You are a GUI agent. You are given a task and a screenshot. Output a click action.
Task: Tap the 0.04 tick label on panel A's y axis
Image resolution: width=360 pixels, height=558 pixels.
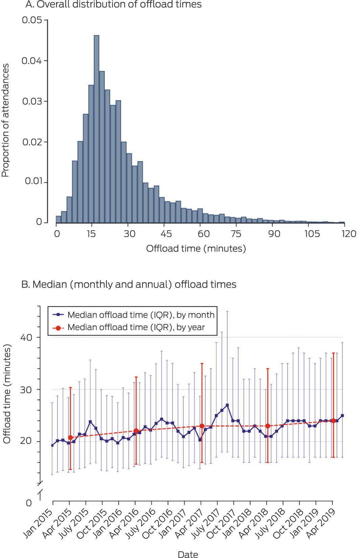click(31, 61)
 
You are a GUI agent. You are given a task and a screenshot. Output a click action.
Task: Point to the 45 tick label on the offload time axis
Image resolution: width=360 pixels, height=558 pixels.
click(166, 234)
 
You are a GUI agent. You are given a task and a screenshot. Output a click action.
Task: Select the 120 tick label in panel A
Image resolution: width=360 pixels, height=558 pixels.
click(349, 234)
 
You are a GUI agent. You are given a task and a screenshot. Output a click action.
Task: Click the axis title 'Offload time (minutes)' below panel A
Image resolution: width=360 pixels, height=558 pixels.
click(196, 249)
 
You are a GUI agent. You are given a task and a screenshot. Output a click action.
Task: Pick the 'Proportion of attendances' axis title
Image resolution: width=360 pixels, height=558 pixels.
click(5, 120)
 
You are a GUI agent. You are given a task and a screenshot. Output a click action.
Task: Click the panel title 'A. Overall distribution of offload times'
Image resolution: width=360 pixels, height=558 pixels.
click(113, 5)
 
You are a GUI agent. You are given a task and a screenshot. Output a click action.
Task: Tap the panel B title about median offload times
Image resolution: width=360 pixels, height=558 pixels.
click(129, 284)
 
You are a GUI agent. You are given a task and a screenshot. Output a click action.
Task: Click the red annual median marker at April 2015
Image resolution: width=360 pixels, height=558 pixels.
click(70, 438)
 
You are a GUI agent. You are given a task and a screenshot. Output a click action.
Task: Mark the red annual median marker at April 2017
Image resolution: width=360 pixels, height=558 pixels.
click(202, 426)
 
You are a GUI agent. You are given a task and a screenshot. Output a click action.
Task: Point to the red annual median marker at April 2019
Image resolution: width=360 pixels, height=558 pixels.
click(333, 421)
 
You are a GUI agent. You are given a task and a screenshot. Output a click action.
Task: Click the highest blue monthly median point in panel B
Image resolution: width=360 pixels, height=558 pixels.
click(227, 405)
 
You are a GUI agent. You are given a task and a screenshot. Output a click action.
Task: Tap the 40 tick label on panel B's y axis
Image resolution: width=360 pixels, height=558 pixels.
click(26, 338)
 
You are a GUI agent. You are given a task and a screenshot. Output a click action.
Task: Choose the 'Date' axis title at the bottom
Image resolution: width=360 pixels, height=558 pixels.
click(188, 554)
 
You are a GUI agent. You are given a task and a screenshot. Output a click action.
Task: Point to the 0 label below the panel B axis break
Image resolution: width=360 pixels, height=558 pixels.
click(29, 503)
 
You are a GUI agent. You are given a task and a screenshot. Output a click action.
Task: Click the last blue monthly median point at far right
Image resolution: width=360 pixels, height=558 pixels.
click(342, 416)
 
